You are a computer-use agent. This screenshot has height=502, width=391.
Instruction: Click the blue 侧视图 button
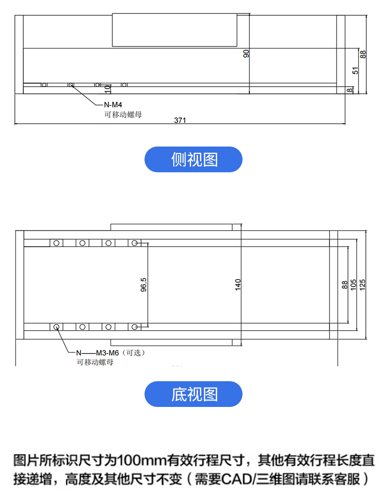tap(194, 159)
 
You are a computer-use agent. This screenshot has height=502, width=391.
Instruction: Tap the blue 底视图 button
tap(194, 394)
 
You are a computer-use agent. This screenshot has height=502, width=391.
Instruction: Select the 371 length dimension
tap(180, 120)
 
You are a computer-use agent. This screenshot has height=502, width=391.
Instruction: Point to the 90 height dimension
tap(246, 53)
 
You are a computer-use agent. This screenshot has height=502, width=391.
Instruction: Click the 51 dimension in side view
tap(355, 70)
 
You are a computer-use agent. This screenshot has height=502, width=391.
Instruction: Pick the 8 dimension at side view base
tap(350, 90)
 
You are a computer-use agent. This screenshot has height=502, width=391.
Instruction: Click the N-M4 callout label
tap(112, 104)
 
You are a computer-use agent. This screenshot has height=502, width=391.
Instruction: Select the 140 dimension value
tap(238, 284)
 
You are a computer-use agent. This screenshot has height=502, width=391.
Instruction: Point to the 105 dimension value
tap(353, 284)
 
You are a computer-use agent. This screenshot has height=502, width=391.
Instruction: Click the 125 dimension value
tap(362, 284)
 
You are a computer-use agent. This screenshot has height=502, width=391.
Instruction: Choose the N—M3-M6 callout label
tap(97, 353)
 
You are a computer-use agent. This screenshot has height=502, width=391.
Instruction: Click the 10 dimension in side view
tap(107, 89)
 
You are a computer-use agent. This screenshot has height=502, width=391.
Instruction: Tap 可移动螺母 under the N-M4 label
tap(119, 114)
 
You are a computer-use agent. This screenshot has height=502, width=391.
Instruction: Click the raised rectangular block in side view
tap(175, 30)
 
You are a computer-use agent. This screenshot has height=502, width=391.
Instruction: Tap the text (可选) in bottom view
tap(135, 353)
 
